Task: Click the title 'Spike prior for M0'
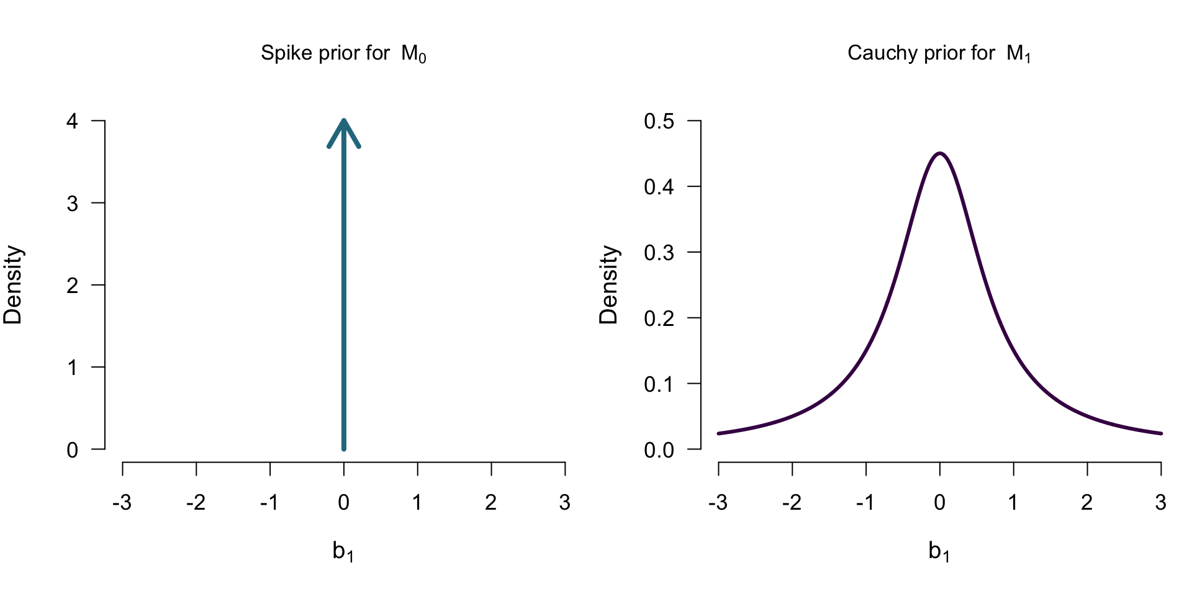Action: pos(343,53)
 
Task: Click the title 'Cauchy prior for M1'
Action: pos(939,53)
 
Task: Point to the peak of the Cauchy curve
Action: pos(940,153)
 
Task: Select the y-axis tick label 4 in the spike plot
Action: pos(73,121)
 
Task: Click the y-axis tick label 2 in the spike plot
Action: pos(73,286)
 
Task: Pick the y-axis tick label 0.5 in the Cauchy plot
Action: pos(659,121)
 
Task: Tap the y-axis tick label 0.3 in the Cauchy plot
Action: pos(659,253)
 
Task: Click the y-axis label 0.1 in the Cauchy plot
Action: pos(659,384)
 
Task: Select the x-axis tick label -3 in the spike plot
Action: pos(122,502)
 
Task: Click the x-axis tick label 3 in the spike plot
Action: pos(564,502)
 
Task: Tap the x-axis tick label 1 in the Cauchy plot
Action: pos(1013,502)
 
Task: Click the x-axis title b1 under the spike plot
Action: pos(343,551)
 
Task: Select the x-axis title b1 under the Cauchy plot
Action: pos(939,551)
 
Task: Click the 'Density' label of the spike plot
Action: pos(13,285)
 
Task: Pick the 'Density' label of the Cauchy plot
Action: pos(609,285)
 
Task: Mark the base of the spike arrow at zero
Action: pos(344,448)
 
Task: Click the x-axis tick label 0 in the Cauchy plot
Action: pos(940,502)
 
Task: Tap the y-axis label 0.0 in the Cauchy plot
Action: pos(659,450)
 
